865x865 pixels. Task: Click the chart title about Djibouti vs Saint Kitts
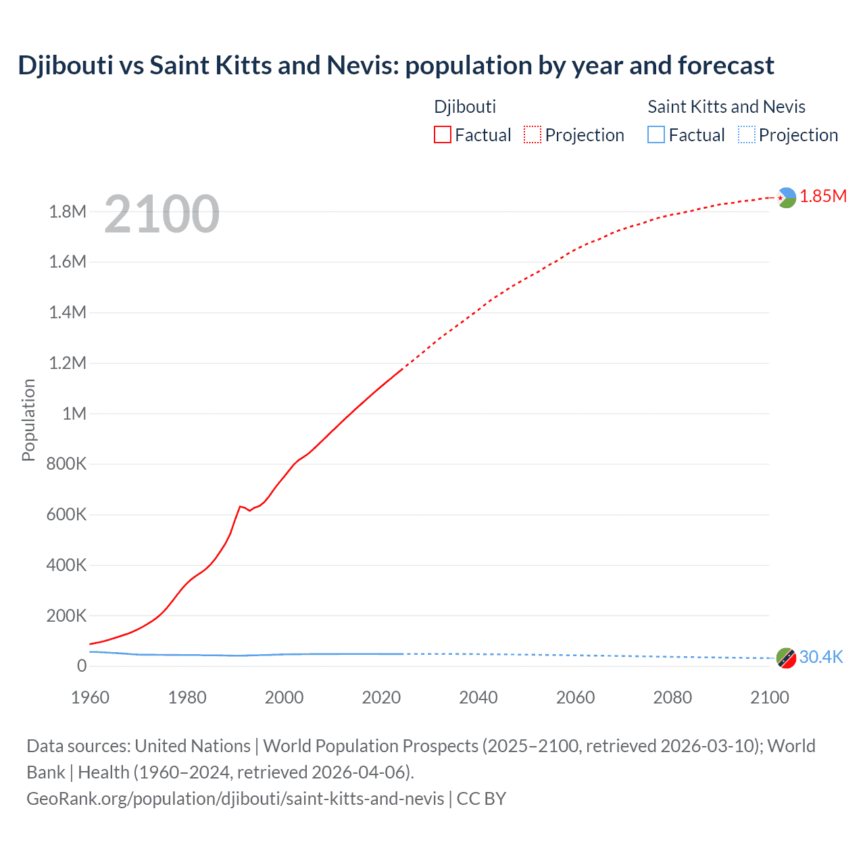pyautogui.click(x=395, y=66)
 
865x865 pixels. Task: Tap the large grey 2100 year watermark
pyautogui.click(x=162, y=214)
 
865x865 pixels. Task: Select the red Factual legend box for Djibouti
pyautogui.click(x=442, y=134)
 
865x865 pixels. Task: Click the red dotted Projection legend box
pyautogui.click(x=533, y=134)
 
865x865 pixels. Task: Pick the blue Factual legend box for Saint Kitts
pyautogui.click(x=656, y=134)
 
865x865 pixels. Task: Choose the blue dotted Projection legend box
pyautogui.click(x=746, y=134)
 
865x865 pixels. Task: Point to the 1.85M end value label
pyautogui.click(x=823, y=196)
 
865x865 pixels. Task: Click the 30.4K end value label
pyautogui.click(x=821, y=657)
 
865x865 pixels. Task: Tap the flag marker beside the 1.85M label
pyautogui.click(x=786, y=197)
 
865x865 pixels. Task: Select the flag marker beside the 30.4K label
pyautogui.click(x=786, y=658)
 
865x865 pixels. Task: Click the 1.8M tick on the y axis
pyautogui.click(x=68, y=212)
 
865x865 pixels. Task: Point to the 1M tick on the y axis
pyautogui.click(x=74, y=414)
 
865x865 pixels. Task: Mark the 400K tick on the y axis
pyautogui.click(x=66, y=565)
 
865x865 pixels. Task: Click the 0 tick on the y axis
pyautogui.click(x=82, y=666)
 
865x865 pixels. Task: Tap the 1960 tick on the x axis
pyautogui.click(x=90, y=697)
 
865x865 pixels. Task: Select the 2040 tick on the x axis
pyautogui.click(x=478, y=697)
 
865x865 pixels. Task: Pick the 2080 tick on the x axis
pyautogui.click(x=672, y=697)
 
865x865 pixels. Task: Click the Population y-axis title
pyautogui.click(x=28, y=420)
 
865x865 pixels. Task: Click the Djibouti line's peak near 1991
pyautogui.click(x=240, y=506)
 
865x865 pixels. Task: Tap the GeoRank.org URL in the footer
pyautogui.click(x=235, y=798)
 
